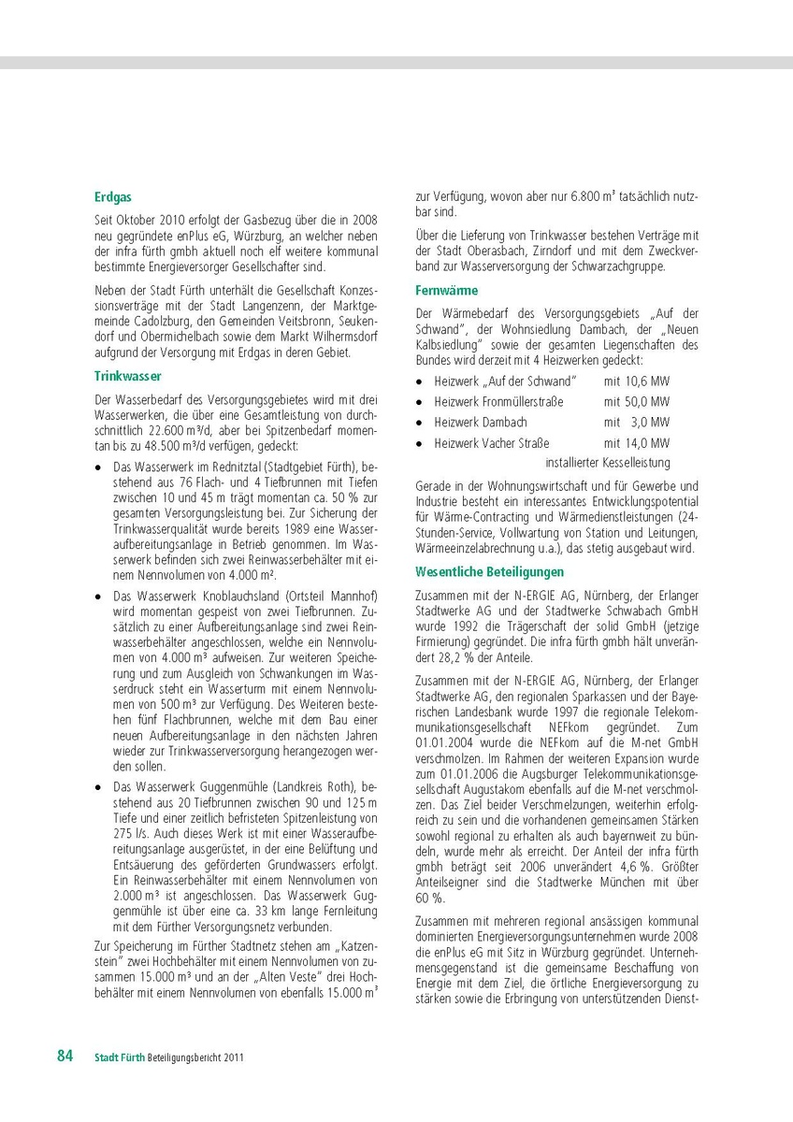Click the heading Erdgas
pos(112,197)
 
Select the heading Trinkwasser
pos(128,376)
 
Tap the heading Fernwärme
pos(446,291)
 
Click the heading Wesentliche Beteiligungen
pos(490,571)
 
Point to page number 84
pos(65,1056)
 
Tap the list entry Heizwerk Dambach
pos(481,423)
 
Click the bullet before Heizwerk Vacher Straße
pos(421,443)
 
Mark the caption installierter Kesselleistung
pos(608,463)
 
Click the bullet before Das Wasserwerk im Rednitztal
pos(99,465)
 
